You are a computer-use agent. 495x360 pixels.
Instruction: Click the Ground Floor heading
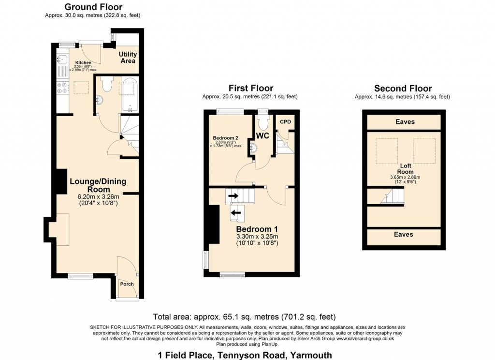point(93,7)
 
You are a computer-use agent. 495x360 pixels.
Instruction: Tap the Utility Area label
point(128,58)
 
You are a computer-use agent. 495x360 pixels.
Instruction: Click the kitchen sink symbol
point(62,60)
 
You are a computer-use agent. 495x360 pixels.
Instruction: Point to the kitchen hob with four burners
point(62,88)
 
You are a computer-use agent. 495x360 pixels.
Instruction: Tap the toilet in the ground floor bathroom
point(107,84)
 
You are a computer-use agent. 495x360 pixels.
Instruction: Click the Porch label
point(127,284)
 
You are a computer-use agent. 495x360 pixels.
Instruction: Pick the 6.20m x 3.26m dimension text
point(99,197)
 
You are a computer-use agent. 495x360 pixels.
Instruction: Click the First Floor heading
point(251,88)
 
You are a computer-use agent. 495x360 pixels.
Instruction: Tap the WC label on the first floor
point(262,135)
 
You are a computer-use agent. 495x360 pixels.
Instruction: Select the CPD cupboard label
point(286,121)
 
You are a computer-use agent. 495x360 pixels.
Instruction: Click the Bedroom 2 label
point(226,138)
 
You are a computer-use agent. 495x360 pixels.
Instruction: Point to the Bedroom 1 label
point(257,228)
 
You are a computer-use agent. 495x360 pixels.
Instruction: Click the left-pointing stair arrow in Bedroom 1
point(236,212)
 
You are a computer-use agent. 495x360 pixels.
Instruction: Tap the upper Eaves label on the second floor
point(404,122)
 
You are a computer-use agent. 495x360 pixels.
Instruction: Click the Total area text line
point(244,317)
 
